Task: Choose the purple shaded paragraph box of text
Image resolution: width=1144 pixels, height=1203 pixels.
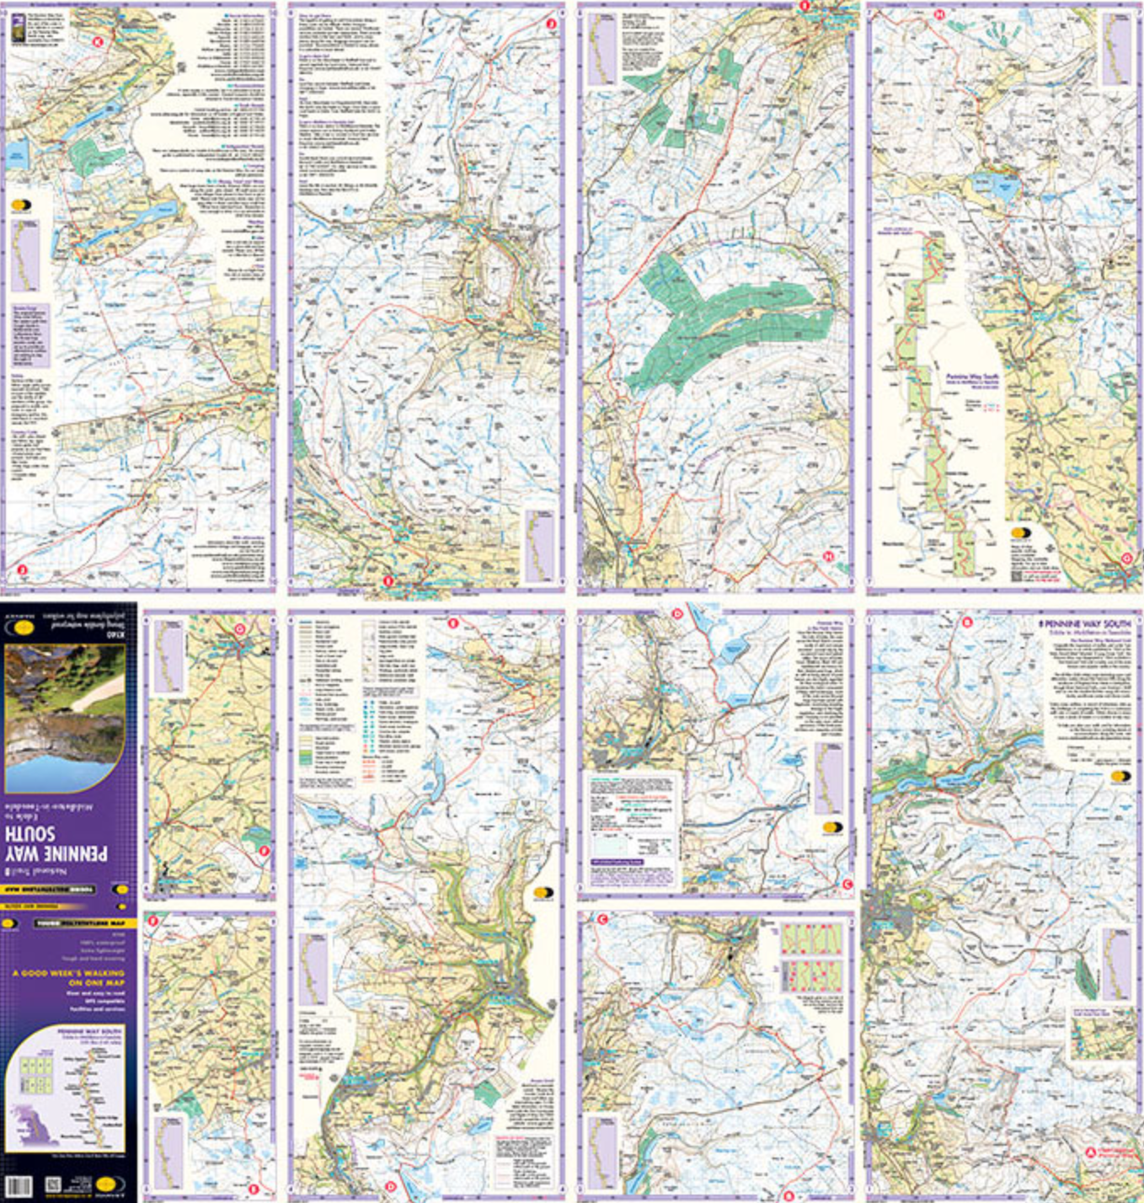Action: [x=30, y=335]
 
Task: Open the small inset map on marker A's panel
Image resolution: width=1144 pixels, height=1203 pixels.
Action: [x=1101, y=1034]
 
